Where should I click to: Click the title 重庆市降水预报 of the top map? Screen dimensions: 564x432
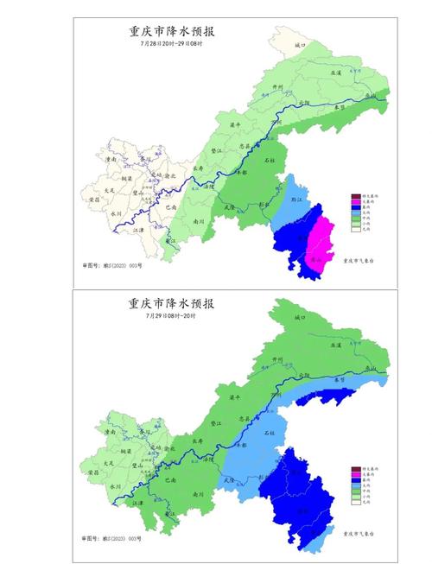tap(172, 32)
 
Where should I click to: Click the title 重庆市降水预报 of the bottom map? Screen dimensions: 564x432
tap(172, 304)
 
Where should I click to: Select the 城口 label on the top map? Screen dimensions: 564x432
tap(301, 42)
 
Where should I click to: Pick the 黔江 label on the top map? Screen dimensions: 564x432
tap(299, 198)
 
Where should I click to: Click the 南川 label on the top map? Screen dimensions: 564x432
tap(199, 221)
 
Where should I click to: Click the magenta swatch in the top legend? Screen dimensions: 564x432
tap(355, 203)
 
